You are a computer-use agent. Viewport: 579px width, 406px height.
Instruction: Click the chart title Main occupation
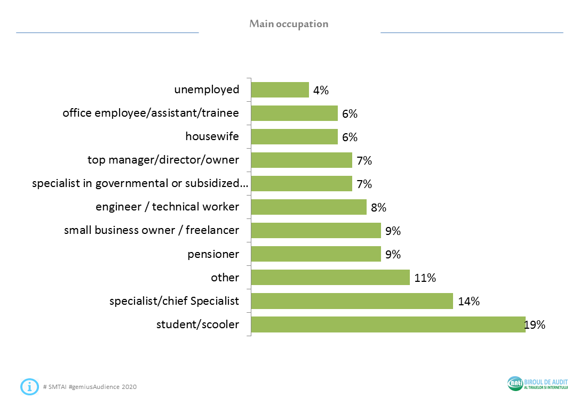(289, 24)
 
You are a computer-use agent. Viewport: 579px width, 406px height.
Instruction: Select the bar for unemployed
(280, 90)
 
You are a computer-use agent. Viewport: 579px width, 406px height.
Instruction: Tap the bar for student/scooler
(388, 324)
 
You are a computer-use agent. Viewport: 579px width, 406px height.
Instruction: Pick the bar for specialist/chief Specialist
(352, 301)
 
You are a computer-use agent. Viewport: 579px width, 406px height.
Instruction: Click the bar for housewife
(294, 137)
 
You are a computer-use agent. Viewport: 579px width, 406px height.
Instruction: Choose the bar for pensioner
(315, 254)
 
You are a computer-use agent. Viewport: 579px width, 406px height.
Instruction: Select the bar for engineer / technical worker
(308, 207)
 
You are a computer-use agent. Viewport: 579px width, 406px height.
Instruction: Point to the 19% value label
(535, 324)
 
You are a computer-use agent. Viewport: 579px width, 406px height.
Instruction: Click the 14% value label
(469, 301)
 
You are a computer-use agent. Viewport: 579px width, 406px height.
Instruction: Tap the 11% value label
(426, 278)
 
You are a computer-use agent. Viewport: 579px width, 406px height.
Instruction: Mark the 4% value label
(321, 90)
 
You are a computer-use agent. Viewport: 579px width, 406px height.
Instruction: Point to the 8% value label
(378, 207)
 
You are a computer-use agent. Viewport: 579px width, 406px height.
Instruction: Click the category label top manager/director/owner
(163, 160)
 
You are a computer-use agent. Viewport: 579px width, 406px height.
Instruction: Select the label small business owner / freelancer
(152, 230)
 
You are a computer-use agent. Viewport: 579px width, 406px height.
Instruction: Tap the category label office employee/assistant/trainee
(150, 113)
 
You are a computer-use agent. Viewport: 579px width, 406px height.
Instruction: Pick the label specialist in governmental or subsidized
(140, 183)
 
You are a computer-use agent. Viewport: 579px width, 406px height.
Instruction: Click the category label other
(225, 277)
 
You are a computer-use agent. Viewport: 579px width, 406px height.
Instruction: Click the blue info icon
(29, 386)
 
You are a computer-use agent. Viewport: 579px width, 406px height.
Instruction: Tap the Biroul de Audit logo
(537, 384)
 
